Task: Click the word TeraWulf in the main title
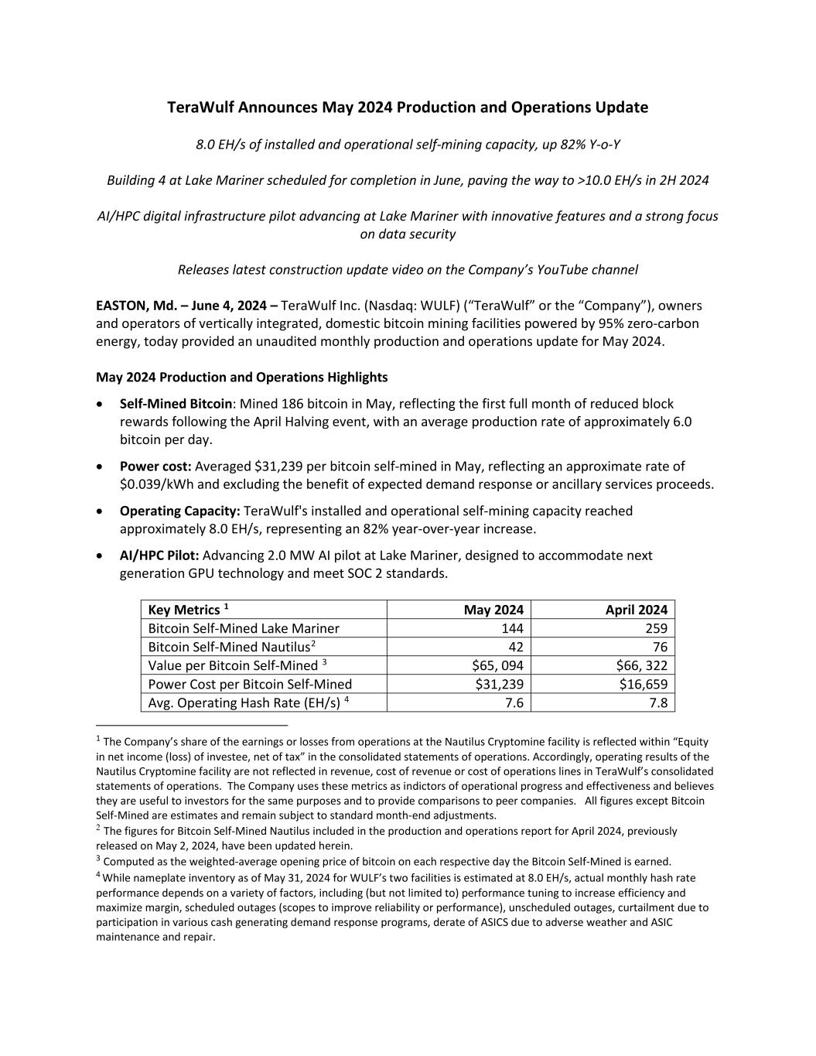(200, 108)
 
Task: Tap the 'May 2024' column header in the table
(493, 610)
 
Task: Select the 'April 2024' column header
(636, 610)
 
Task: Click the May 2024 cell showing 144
(512, 628)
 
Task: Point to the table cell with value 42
(515, 647)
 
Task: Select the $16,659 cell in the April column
(641, 684)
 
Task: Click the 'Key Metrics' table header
(184, 610)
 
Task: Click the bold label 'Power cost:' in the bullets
(155, 466)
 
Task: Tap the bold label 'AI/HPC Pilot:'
(159, 555)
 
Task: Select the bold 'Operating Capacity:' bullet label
(179, 511)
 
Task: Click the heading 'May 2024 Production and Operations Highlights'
(241, 378)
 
